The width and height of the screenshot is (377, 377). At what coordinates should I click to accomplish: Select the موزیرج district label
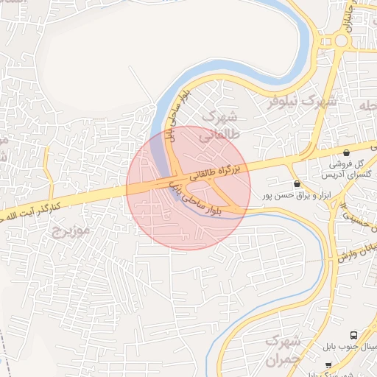(70, 232)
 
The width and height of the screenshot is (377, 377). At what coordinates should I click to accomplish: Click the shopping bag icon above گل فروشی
(346, 152)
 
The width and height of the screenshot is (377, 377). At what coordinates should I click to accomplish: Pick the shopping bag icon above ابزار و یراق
(297, 184)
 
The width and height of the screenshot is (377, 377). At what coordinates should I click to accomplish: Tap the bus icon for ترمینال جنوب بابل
(354, 335)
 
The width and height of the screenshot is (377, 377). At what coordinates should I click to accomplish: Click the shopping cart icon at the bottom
(328, 365)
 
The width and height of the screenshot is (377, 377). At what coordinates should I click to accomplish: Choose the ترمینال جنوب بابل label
(350, 347)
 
